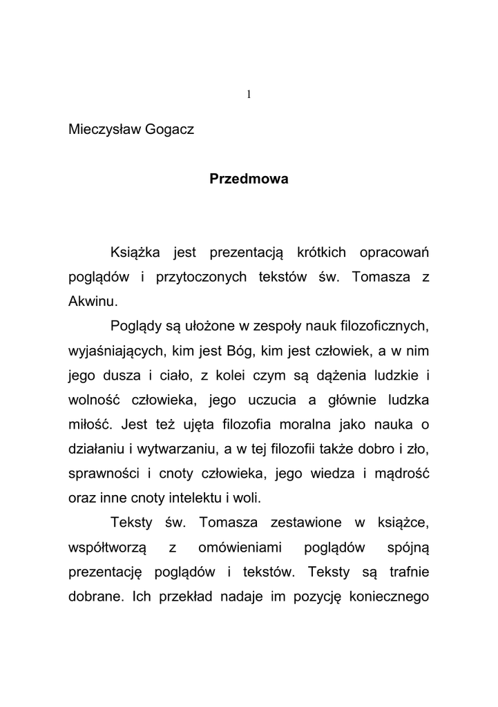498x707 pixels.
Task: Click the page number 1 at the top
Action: pos(249,95)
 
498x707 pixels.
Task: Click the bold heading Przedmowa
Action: pos(249,180)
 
